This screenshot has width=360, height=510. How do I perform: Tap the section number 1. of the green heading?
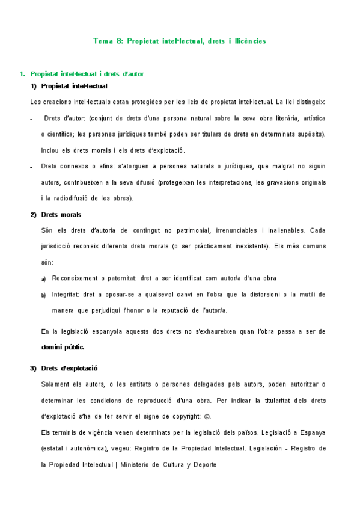pos(22,75)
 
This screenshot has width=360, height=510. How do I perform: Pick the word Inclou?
pos(50,150)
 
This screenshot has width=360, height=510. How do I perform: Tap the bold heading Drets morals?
pos(61,215)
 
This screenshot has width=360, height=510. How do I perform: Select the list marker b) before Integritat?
pos(43,295)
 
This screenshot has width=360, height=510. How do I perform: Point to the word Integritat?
pos(67,295)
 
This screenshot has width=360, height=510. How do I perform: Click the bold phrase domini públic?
pos(63,347)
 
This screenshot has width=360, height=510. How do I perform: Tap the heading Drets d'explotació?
pos(69,368)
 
